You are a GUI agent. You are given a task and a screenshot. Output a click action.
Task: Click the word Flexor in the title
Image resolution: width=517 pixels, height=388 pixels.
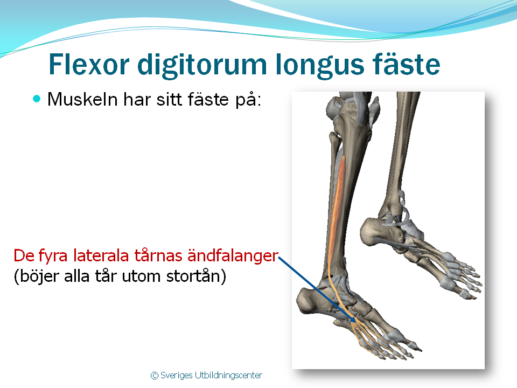tap(89, 64)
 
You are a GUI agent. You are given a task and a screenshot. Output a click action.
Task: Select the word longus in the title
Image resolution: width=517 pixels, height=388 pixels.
tap(319, 66)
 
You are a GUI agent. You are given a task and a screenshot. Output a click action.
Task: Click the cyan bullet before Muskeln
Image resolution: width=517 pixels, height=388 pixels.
tap(37, 99)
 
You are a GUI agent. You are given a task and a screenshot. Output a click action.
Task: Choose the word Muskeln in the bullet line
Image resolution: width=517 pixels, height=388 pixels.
tap(82, 99)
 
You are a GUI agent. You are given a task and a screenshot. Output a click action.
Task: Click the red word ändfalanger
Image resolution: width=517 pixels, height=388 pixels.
tap(233, 255)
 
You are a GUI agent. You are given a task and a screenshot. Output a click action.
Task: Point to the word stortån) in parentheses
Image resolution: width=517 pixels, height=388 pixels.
tap(196, 276)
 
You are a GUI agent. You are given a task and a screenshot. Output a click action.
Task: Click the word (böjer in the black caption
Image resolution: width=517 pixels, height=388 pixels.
tap(37, 276)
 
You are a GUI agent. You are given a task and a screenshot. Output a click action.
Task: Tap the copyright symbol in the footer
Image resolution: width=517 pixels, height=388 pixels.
tap(155, 376)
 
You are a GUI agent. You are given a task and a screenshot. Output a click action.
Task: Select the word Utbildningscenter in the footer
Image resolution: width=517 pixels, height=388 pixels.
tap(228, 376)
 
